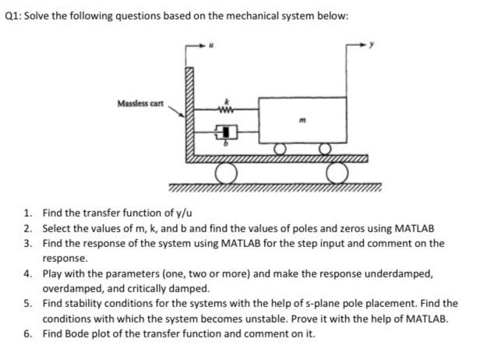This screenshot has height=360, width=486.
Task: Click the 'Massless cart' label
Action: coord(139,104)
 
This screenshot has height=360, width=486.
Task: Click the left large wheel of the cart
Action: coord(226,173)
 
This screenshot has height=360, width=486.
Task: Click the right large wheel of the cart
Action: coord(339,173)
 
